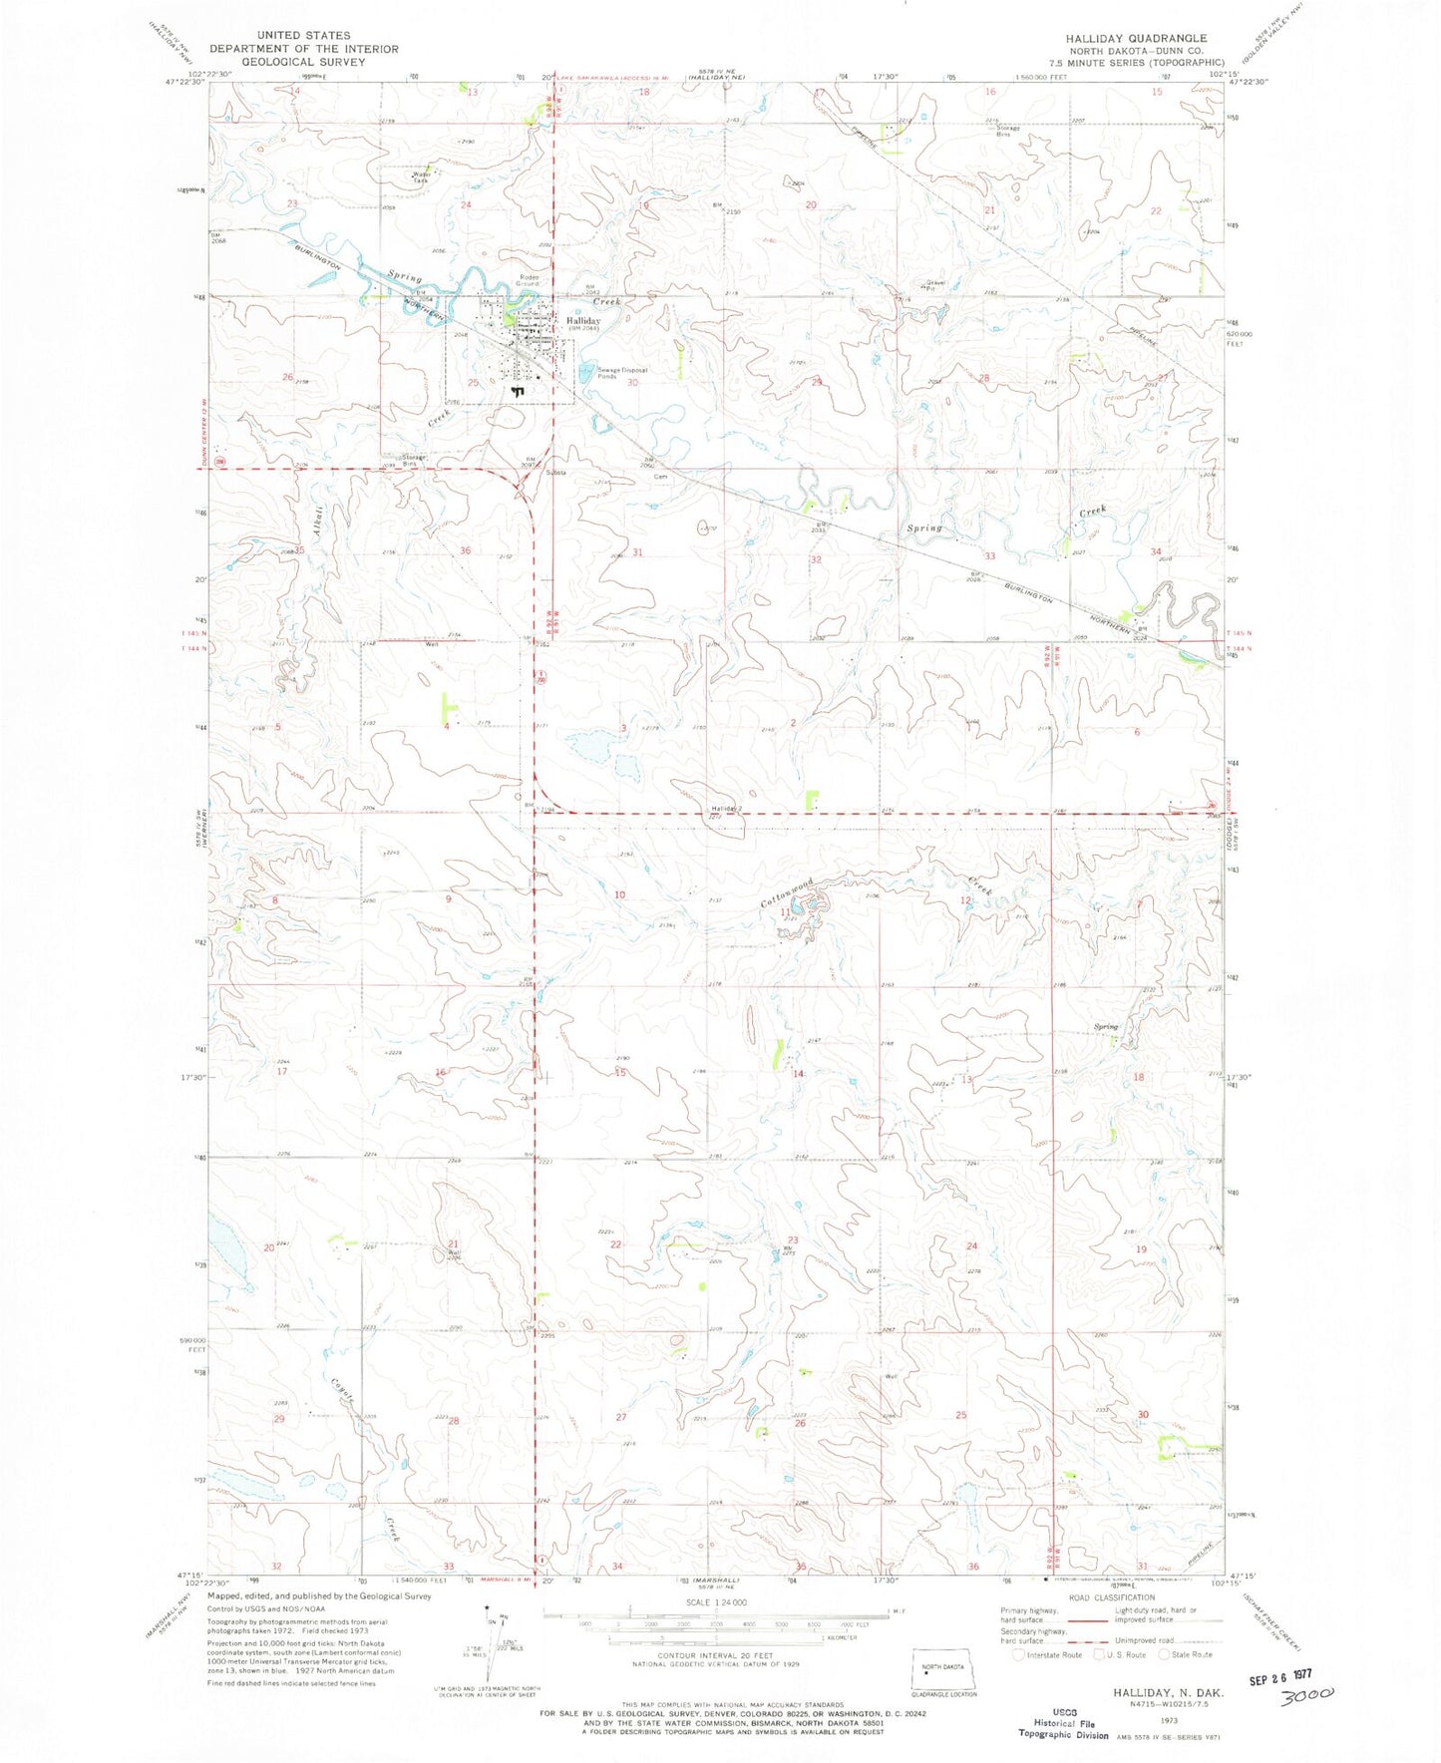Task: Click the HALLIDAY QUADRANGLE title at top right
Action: click(1135, 38)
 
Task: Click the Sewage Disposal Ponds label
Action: click(622, 373)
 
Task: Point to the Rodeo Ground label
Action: click(529, 280)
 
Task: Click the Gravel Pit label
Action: click(934, 284)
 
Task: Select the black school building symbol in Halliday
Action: click(516, 392)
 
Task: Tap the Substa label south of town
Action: click(555, 472)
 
